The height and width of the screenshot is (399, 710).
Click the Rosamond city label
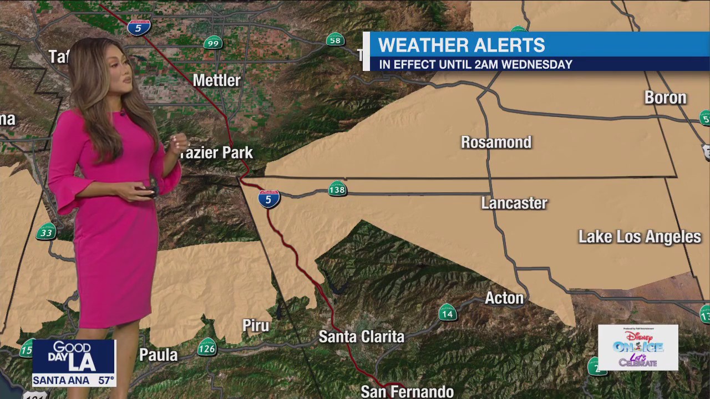(x=496, y=142)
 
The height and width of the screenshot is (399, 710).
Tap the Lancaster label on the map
(x=514, y=203)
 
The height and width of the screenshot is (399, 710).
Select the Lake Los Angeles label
(x=639, y=237)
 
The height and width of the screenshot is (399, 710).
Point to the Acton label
(x=504, y=298)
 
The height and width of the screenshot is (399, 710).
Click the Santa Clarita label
(x=361, y=336)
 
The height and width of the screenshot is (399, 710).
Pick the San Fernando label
(x=407, y=392)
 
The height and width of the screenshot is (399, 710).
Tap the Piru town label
(x=256, y=325)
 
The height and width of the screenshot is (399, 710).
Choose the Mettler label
(x=216, y=80)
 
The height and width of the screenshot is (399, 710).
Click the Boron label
(x=665, y=98)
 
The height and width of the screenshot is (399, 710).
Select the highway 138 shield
(x=337, y=190)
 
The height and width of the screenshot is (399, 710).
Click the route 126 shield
(x=206, y=348)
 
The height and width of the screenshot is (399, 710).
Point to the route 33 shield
(x=46, y=232)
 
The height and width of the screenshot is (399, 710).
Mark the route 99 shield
(x=212, y=43)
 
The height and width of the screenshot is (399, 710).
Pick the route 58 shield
(x=335, y=40)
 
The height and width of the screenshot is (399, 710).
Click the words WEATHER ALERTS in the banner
(x=461, y=45)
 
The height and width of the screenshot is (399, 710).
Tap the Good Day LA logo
(x=73, y=356)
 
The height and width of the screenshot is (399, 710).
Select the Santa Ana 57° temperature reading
(x=73, y=381)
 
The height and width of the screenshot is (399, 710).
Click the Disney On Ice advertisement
(x=638, y=347)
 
